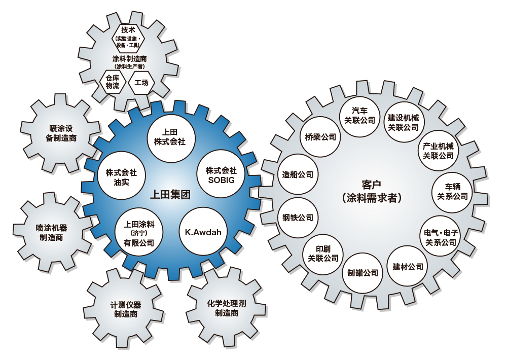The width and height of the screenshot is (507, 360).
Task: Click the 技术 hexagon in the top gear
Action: click(x=128, y=39)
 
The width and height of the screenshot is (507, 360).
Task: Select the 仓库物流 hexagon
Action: click(x=113, y=82)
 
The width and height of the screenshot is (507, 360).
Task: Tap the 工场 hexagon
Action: click(x=141, y=82)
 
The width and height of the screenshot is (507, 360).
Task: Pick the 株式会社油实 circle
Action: click(x=121, y=176)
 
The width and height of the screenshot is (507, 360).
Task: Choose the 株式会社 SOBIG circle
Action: click(x=221, y=175)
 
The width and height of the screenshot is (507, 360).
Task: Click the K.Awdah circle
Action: click(x=203, y=232)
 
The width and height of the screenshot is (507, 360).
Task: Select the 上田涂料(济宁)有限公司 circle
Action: click(x=139, y=233)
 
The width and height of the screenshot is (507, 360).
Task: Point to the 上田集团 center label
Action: click(x=170, y=194)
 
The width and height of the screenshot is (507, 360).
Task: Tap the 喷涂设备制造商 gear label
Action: click(x=61, y=133)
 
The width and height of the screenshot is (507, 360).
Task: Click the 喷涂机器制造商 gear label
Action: click(x=51, y=233)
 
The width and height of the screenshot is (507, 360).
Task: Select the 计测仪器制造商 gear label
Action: click(x=126, y=309)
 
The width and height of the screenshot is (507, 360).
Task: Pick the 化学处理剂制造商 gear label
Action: click(x=227, y=308)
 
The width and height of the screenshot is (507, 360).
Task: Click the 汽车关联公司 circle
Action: click(x=359, y=116)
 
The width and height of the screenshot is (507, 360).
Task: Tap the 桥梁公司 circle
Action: click(x=321, y=137)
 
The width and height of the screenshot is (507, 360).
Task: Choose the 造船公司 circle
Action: click(x=298, y=174)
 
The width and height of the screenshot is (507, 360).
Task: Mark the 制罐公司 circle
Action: click(x=363, y=273)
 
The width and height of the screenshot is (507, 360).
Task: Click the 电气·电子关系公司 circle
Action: click(x=441, y=237)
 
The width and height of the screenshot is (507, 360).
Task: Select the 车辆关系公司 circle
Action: click(x=452, y=192)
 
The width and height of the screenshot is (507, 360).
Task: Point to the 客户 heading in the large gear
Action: click(x=372, y=185)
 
